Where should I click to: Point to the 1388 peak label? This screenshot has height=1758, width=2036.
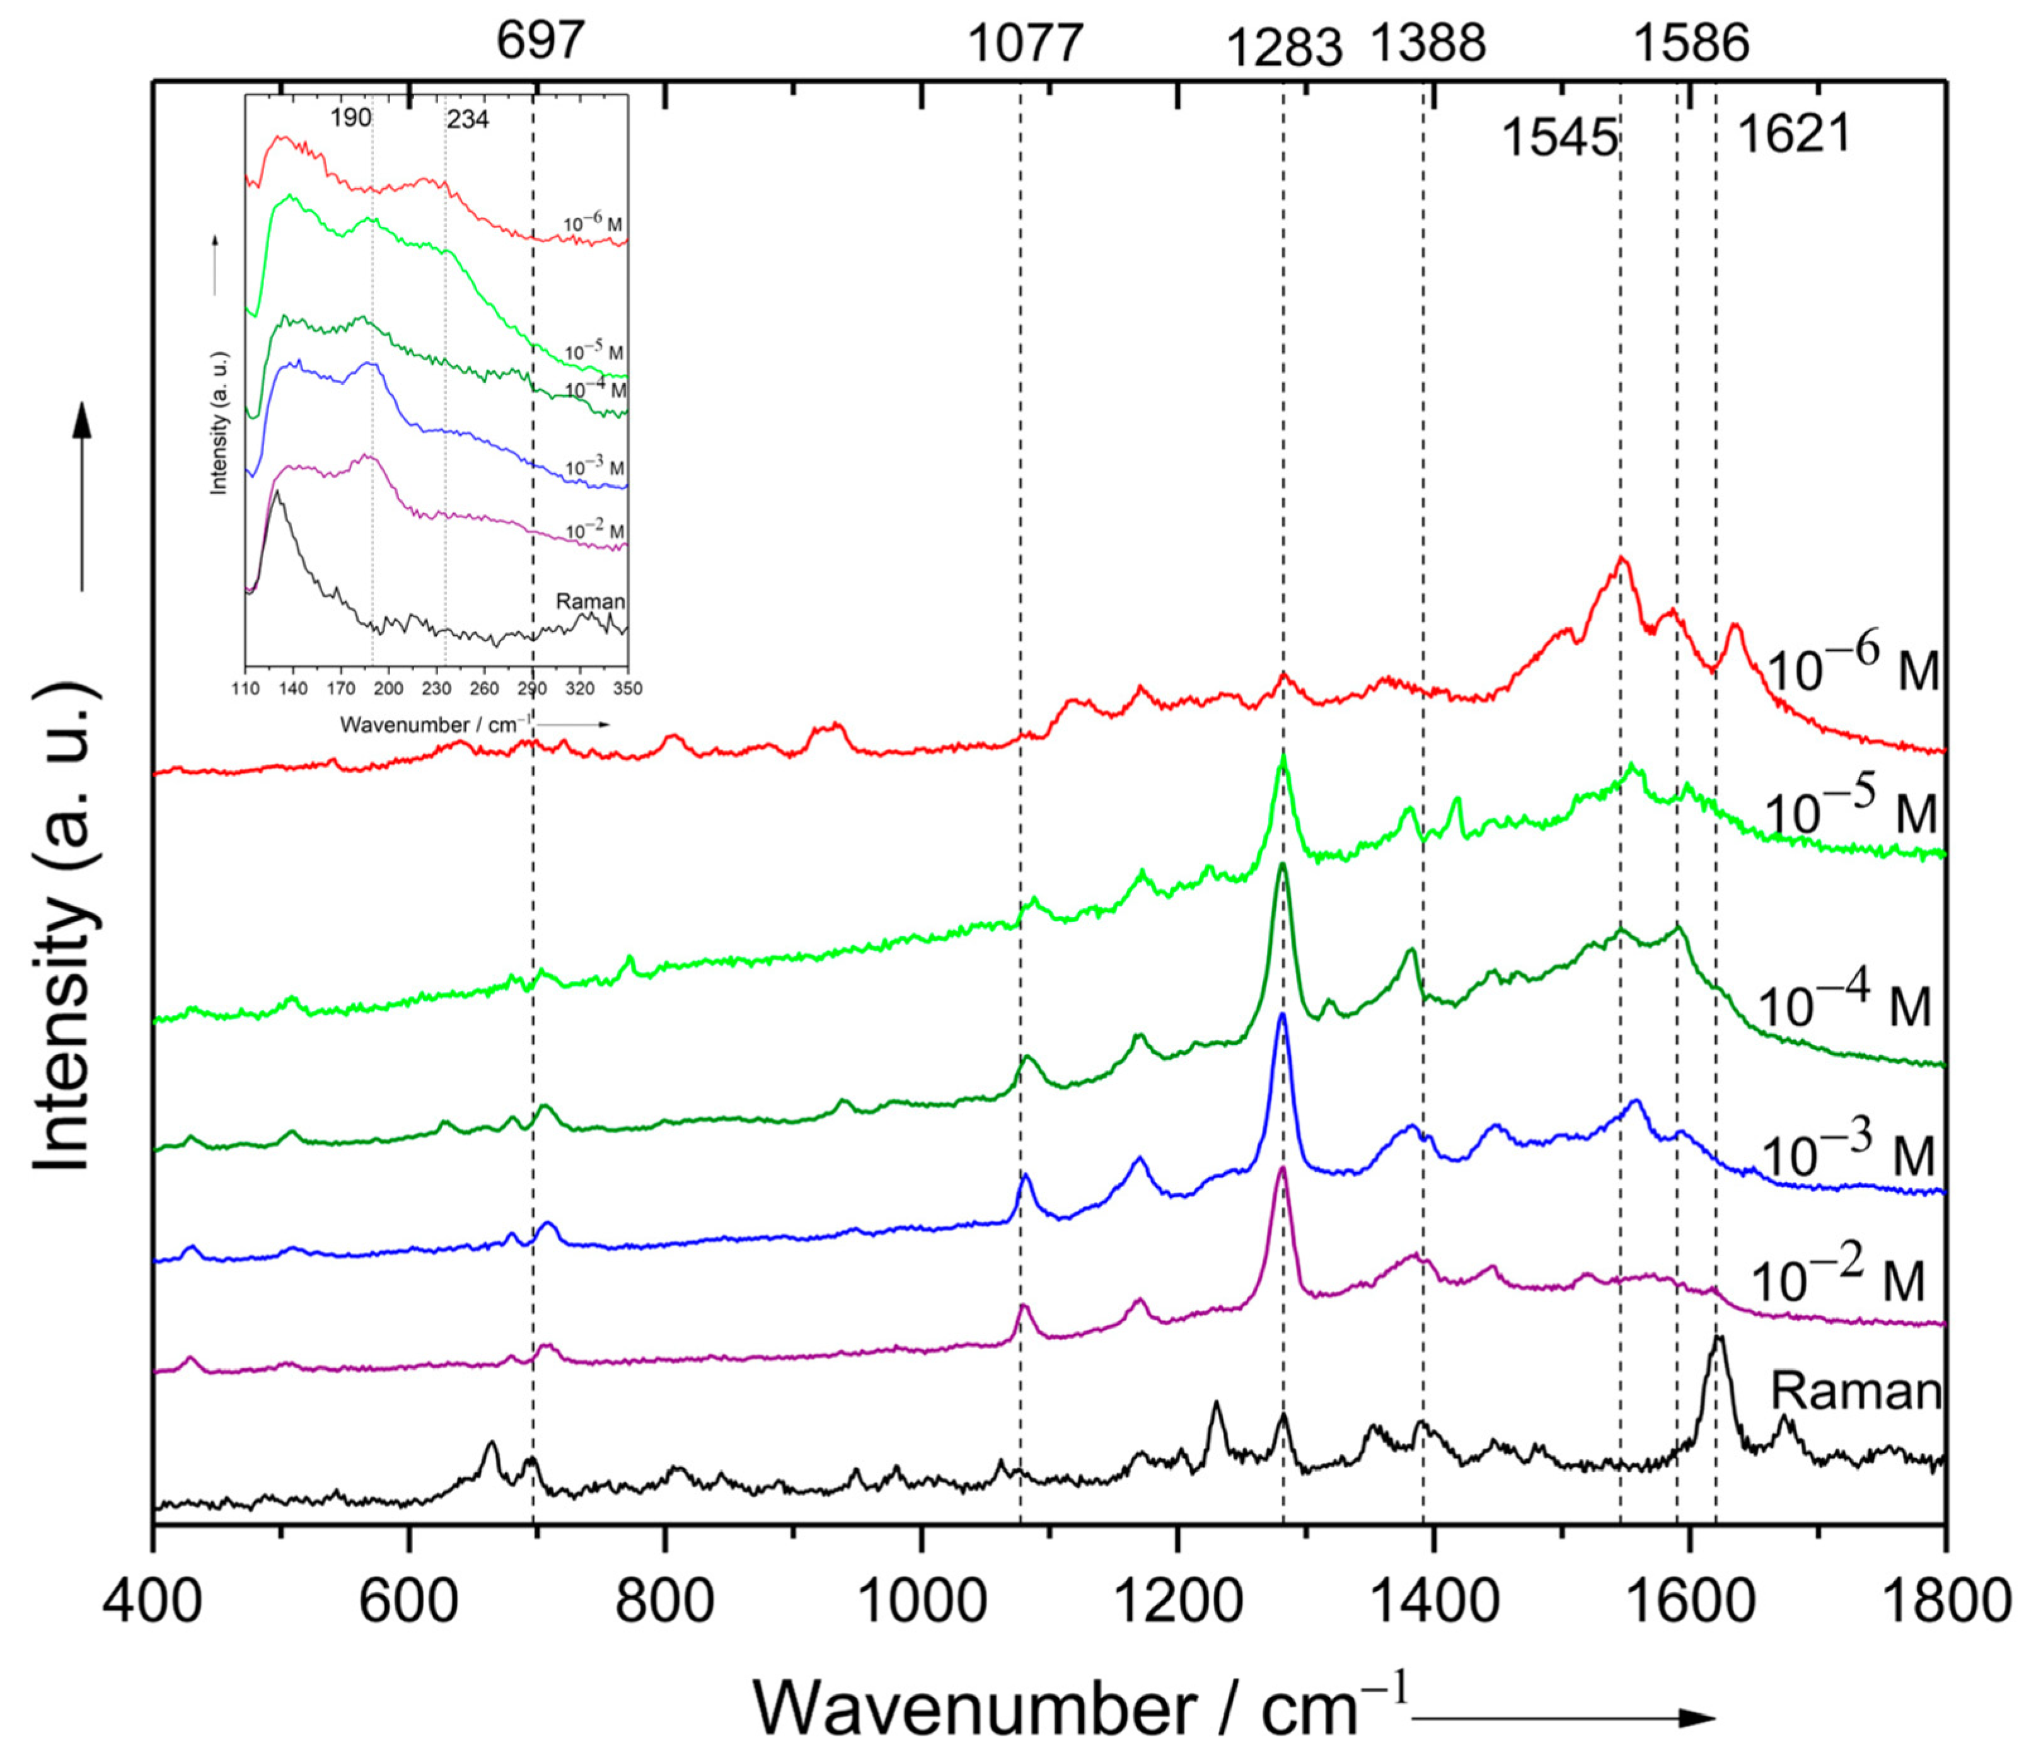tap(1429, 44)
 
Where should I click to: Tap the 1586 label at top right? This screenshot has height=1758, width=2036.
tap(1691, 44)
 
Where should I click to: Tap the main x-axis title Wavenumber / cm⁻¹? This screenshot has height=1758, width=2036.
tap(1081, 1710)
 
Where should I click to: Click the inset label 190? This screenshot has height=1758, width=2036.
tap(351, 119)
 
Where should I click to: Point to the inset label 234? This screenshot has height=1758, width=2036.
tap(468, 121)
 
